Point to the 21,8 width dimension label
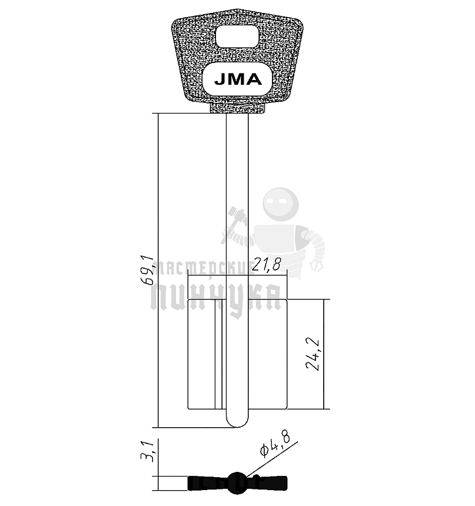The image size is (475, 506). tap(266, 266)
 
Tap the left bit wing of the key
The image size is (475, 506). tap(205, 353)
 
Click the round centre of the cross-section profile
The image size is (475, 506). tap(237, 482)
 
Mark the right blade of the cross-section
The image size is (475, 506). tap(268, 483)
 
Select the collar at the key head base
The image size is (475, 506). tap(237, 108)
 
